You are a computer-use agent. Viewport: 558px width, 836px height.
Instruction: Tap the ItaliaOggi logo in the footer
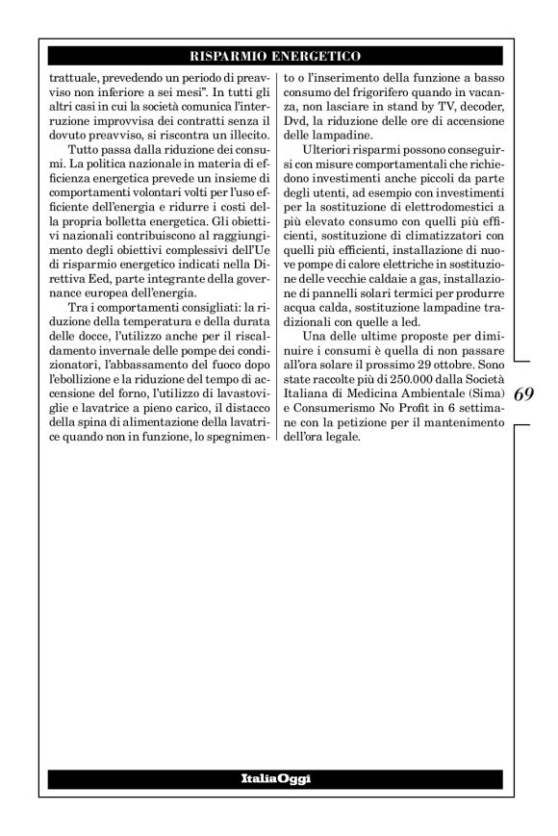tap(278, 776)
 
